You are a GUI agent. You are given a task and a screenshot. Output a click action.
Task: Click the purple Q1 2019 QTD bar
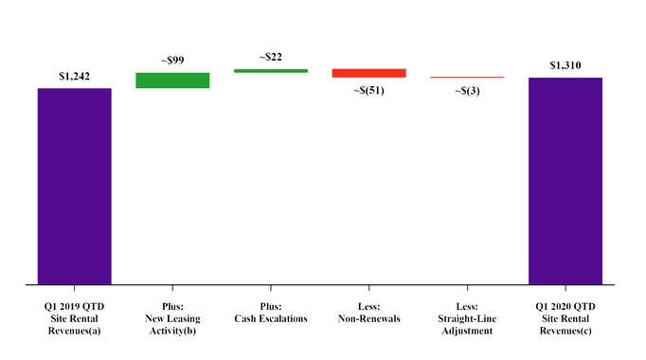tap(74, 186)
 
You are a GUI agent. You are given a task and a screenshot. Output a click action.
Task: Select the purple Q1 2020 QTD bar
tap(565, 180)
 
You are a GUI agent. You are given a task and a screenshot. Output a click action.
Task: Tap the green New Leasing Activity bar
tap(172, 81)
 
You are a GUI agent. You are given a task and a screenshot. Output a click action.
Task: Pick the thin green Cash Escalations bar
tap(271, 70)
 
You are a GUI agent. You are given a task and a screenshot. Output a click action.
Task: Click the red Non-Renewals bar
tap(368, 73)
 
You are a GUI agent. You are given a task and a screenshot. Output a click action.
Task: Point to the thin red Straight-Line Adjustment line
tap(467, 78)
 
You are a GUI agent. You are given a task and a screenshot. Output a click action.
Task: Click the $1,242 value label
tap(74, 77)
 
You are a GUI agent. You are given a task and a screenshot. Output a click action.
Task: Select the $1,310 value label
tap(565, 65)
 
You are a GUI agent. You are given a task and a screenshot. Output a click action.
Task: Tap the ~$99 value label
tap(172, 61)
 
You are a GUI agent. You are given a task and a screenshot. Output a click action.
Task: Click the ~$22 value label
tap(271, 57)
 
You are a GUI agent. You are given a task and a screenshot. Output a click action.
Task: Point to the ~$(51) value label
tap(368, 90)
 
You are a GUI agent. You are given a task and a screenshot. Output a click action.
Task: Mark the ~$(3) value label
tap(467, 91)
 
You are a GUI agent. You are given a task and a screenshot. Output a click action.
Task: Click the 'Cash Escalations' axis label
tap(271, 319)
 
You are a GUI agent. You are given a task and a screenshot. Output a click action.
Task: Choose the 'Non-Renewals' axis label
tap(368, 319)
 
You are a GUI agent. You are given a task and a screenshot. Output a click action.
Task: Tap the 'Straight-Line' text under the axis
tap(467, 319)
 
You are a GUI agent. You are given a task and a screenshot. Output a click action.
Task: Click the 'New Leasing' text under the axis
tap(172, 319)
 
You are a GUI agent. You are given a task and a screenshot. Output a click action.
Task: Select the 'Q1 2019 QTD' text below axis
tap(74, 306)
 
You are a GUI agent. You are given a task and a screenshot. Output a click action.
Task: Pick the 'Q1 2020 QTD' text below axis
tap(565, 306)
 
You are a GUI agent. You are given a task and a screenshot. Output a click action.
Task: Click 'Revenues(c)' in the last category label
tap(565, 332)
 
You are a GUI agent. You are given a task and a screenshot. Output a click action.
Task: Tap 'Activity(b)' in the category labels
tap(172, 332)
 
